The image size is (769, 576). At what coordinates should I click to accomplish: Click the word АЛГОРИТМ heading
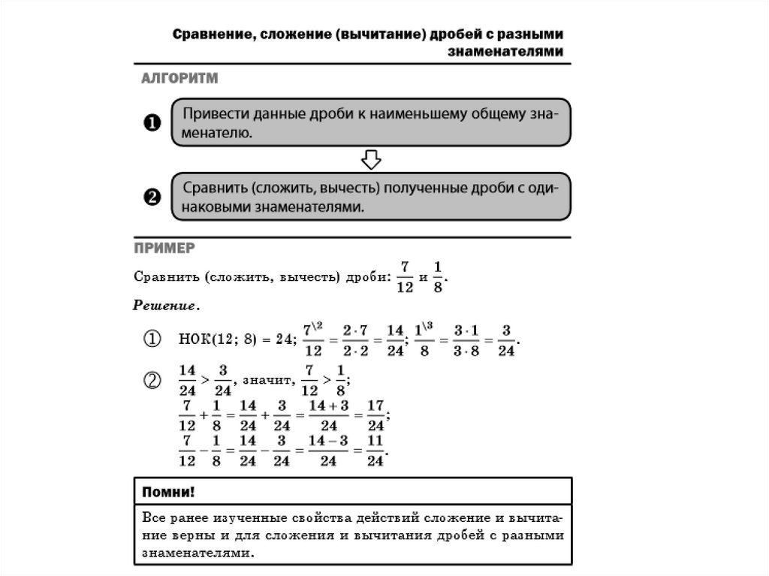click(176, 78)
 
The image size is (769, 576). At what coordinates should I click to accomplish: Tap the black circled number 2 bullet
click(152, 198)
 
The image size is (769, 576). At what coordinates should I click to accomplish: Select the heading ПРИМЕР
click(164, 247)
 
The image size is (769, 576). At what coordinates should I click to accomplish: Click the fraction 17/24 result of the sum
click(375, 416)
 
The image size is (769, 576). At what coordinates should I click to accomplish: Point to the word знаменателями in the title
click(505, 52)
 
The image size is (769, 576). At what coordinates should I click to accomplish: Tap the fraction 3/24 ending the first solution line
click(505, 340)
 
